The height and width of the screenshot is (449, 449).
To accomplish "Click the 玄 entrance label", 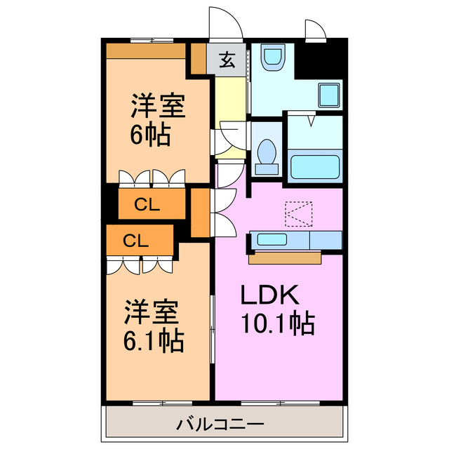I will click(x=226, y=60).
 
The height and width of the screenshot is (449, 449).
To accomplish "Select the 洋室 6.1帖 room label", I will click(x=154, y=326).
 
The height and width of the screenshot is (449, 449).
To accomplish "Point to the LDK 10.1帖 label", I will click(x=278, y=309).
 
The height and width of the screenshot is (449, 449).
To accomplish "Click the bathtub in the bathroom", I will click(x=315, y=168).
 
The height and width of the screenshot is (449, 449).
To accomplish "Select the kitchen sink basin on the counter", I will click(x=272, y=239).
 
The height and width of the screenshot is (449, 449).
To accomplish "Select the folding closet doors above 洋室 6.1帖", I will click(x=140, y=265).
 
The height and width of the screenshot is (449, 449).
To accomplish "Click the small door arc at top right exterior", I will click(x=315, y=30).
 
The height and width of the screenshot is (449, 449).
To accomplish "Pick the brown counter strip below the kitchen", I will click(x=285, y=257).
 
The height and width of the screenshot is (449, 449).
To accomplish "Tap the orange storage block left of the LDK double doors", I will click(x=201, y=210).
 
